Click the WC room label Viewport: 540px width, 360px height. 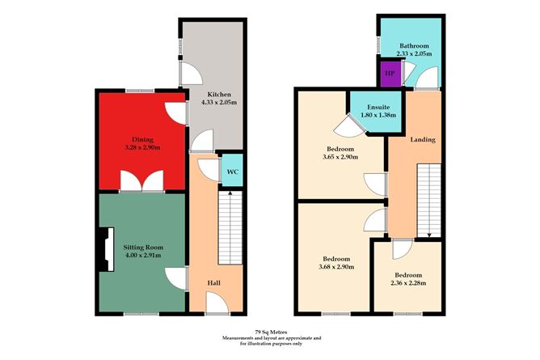[231, 172]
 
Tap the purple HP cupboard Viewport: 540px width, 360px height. [390, 74]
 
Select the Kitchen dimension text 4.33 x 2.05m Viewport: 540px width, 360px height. [216, 104]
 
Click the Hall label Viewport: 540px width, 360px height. [214, 283]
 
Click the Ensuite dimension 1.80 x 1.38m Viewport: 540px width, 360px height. [380, 116]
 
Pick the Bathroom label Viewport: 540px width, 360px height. [412, 45]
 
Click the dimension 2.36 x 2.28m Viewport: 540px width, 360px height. [409, 282]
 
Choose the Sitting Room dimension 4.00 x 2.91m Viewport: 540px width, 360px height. [143, 255]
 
